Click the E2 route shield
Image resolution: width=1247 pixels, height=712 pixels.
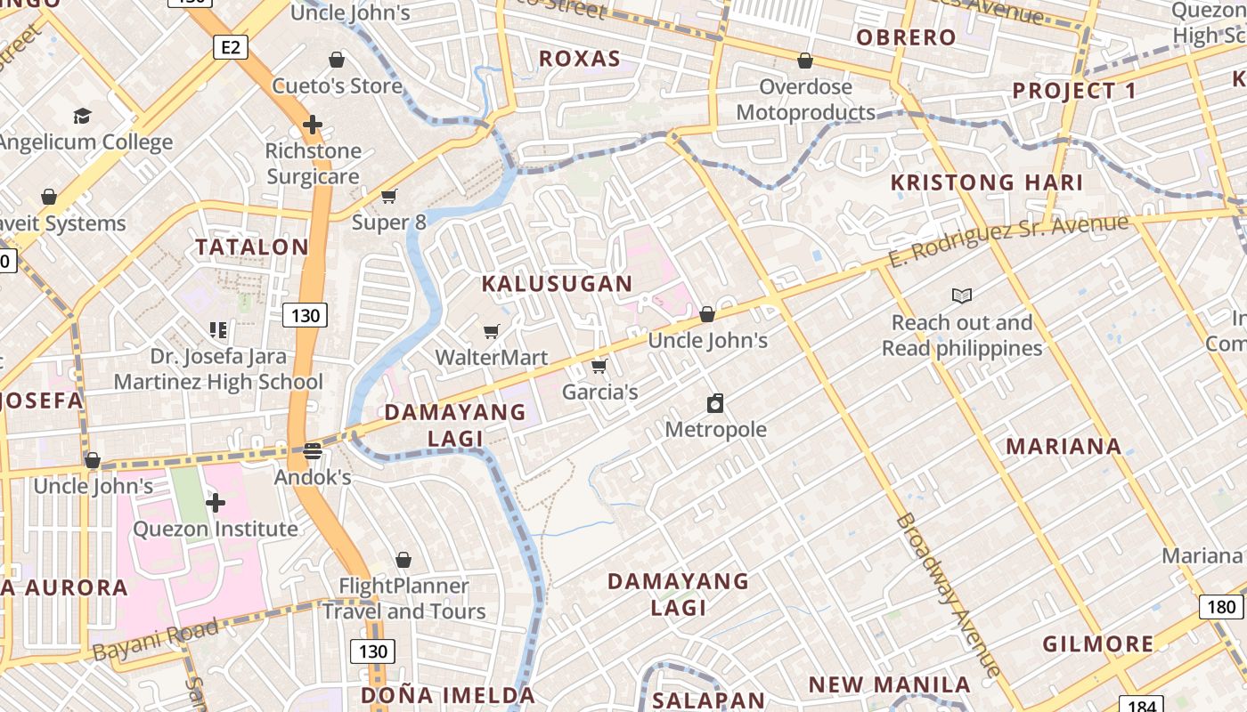pos(230,47)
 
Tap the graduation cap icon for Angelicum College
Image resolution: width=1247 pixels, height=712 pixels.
pos(82,116)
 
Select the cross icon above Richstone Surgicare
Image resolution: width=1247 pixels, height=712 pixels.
pos(312,125)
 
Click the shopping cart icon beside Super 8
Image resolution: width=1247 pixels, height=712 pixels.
pos(388,196)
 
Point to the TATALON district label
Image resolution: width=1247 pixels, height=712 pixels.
pos(252,247)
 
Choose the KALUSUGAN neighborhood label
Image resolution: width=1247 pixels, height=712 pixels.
pos(557,284)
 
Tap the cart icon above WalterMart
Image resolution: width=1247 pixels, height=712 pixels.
pos(491,332)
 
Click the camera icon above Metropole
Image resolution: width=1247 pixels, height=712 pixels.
pos(715,404)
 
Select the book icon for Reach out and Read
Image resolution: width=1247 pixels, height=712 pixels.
pos(961,296)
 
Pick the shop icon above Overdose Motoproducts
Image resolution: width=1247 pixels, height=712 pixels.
pos(805,61)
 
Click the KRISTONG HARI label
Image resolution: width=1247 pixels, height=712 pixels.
pos(987,183)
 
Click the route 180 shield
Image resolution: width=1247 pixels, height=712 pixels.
pos(1222,607)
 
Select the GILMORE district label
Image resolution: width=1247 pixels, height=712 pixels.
pos(1097,643)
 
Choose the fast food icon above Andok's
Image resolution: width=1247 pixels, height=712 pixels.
pos(312,451)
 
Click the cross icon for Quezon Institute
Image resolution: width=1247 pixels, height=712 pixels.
pos(215,504)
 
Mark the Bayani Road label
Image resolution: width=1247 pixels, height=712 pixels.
pos(155,640)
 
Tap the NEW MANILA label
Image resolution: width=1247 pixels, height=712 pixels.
pos(889,684)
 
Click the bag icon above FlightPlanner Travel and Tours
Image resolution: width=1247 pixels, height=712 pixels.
pos(403,560)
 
